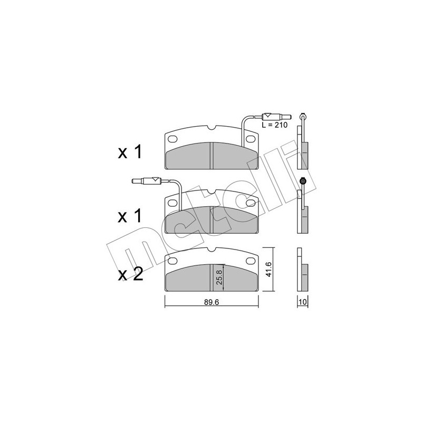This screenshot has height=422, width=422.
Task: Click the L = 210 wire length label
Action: click(x=274, y=125)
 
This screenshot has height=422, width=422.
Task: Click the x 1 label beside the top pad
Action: click(x=130, y=153)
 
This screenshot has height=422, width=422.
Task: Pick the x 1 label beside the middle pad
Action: click(x=130, y=217)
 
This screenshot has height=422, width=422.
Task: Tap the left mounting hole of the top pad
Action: click(x=172, y=139)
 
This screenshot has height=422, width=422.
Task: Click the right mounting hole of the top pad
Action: click(x=252, y=139)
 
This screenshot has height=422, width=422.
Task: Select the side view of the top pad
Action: click(x=302, y=148)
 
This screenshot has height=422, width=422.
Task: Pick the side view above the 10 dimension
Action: click(x=302, y=270)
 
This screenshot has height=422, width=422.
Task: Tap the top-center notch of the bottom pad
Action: click(x=211, y=250)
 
